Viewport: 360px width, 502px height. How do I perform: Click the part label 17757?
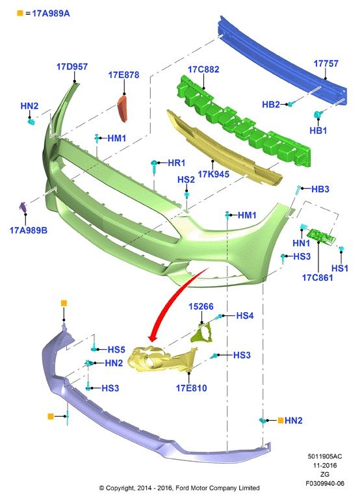(326, 63)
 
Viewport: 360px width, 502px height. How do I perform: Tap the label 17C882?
(203, 70)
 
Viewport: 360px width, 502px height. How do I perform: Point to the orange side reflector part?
(122, 109)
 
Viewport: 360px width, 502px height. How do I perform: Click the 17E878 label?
(123, 75)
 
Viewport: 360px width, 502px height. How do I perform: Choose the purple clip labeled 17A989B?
(23, 207)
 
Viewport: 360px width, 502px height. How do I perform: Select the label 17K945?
(213, 174)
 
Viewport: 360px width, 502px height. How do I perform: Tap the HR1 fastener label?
(177, 163)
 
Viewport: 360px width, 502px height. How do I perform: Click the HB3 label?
(320, 189)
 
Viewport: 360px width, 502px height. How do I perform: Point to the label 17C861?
(318, 278)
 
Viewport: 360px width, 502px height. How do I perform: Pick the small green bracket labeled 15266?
(201, 333)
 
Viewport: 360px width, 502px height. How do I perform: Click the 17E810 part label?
(191, 388)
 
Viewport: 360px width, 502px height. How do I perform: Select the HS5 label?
(116, 350)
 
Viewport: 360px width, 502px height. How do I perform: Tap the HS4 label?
(245, 315)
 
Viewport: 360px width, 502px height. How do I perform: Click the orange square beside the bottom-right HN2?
(281, 420)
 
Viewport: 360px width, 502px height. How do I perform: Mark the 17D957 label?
(72, 66)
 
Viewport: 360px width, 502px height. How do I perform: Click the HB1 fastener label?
(318, 131)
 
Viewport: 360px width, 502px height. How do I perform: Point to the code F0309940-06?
(325, 483)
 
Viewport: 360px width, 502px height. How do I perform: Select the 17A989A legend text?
(51, 14)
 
